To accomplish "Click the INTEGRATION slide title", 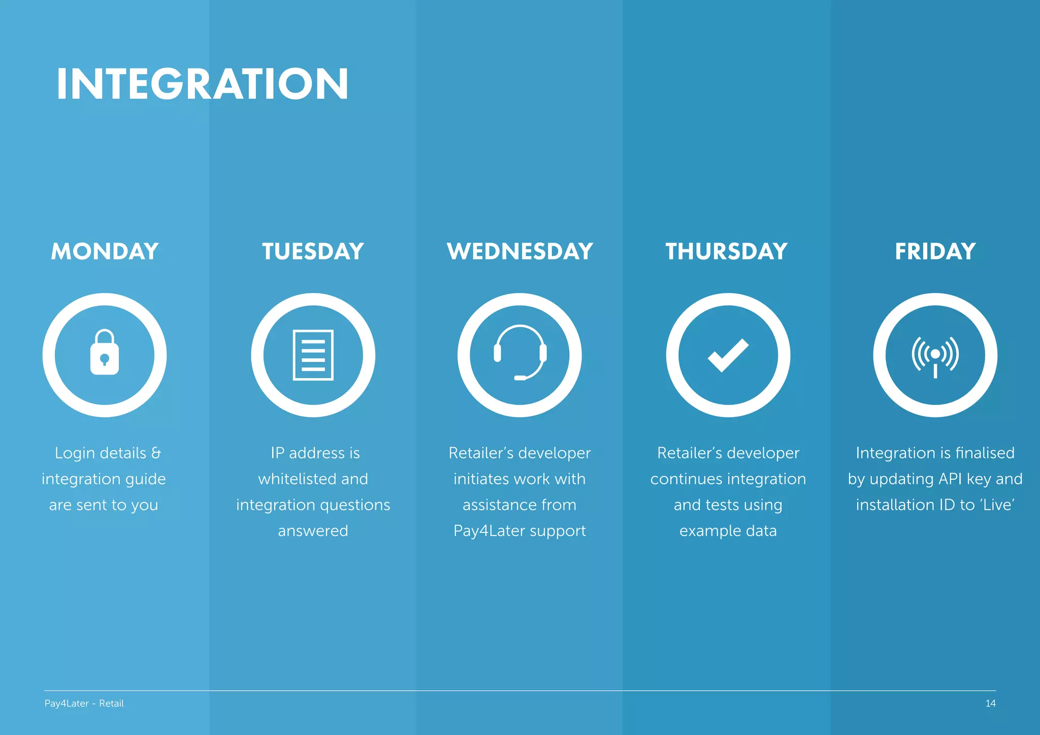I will [202, 84].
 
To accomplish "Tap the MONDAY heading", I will [105, 251].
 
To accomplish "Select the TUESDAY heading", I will [313, 251].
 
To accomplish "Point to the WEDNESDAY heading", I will [519, 251].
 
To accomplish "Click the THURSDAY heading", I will [727, 251].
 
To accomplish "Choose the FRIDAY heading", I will [935, 251].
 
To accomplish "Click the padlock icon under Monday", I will [105, 353].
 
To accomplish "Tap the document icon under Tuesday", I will [313, 355].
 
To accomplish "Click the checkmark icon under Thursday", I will [728, 355].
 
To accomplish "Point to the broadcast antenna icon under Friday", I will [935, 356].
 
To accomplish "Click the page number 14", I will [990, 704].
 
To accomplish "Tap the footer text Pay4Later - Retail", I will [84, 704].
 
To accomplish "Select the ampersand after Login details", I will [156, 453].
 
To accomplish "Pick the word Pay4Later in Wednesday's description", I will [489, 531].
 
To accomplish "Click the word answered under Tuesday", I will [313, 531].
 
